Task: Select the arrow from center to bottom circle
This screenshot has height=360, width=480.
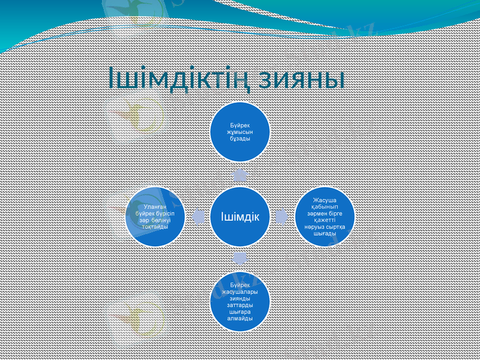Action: (x=239, y=258)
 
